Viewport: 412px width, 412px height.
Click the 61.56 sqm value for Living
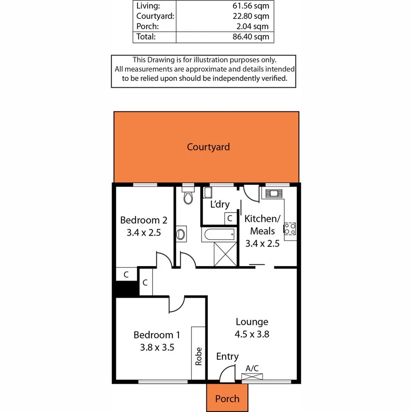coord(251,6)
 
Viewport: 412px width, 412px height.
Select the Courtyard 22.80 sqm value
coord(251,16)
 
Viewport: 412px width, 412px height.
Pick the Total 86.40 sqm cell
coord(251,37)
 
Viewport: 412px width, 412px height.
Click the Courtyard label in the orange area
coord(208,147)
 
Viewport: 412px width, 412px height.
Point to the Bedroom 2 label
coord(143,220)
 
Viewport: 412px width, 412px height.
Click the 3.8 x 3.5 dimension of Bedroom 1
coord(154,347)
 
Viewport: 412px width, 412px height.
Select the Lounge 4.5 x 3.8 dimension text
coord(252,334)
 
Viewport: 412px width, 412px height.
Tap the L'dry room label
coord(220,205)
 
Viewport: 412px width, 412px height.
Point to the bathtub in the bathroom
coord(219,235)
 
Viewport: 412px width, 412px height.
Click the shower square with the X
coord(225,254)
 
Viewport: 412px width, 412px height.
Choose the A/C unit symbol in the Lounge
coord(252,376)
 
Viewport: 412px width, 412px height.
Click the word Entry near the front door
coord(227,356)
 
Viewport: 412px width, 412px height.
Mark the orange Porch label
coord(227,399)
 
